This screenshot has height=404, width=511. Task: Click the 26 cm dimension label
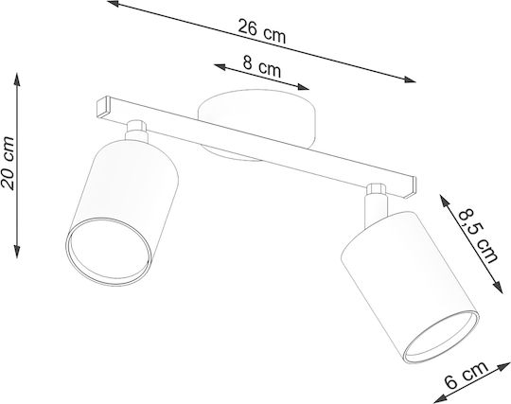pyautogui.click(x=262, y=31)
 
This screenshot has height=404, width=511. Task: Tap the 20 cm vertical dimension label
pyautogui.click(x=8, y=163)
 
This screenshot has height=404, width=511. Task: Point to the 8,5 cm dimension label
pyautogui.click(x=478, y=237)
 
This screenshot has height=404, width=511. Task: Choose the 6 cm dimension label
pyautogui.click(x=467, y=376)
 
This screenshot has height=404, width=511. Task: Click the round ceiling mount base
pyautogui.click(x=257, y=124)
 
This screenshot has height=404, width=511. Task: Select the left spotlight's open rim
pyautogui.click(x=109, y=252)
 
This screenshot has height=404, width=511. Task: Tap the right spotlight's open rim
pyautogui.click(x=441, y=337)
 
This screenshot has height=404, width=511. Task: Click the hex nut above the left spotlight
pyautogui.click(x=136, y=126)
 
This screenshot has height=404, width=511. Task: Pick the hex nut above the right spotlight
pyautogui.click(x=377, y=189)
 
